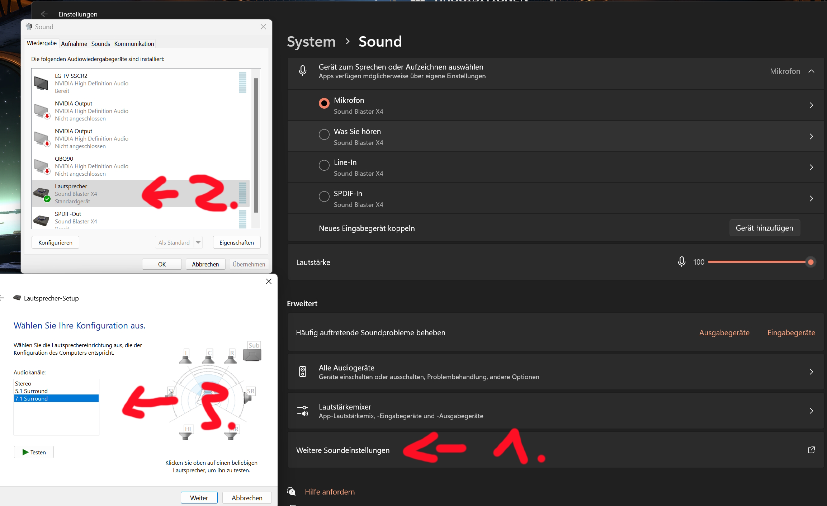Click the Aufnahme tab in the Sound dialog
pos(74,44)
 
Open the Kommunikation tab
pos(134,44)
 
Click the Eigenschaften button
pos(237,242)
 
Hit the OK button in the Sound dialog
pos(162,264)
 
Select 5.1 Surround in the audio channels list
pos(31,391)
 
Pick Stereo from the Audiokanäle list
pos(23,383)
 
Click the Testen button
pos(34,452)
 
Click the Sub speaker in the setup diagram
pos(252,352)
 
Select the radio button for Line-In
pos(324,165)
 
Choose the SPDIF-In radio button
pos(324,197)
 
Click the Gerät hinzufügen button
pos(765,228)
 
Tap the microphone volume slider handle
pos(811,262)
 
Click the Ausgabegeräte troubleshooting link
pos(724,333)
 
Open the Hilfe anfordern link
pos(330,492)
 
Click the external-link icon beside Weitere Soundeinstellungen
pos(811,450)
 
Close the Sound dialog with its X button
pos(263,27)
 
